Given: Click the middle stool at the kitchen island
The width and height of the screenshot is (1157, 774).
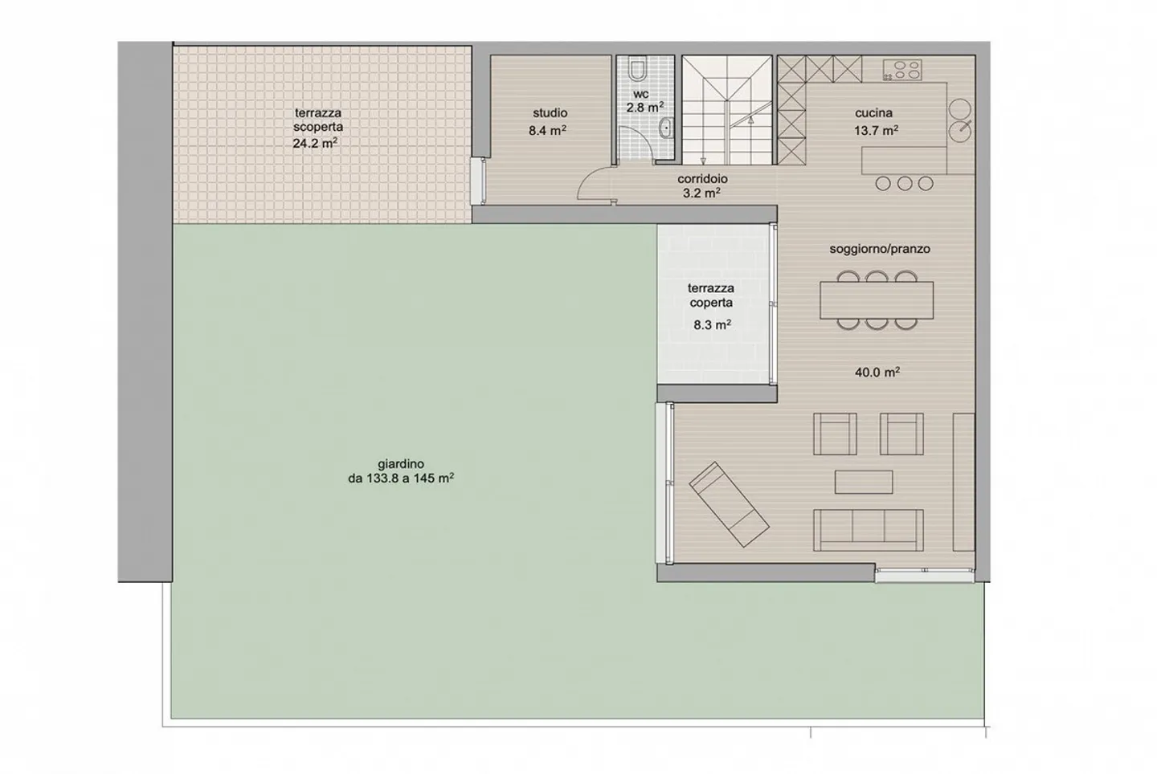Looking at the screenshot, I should click(905, 184).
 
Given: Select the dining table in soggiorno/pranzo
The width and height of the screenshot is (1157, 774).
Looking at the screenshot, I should click(877, 299).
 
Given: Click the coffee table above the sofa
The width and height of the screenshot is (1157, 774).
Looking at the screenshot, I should click(863, 482).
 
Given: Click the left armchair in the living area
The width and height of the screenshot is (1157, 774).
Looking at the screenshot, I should click(836, 434).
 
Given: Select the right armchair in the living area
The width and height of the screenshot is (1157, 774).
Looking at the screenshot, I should click(901, 434).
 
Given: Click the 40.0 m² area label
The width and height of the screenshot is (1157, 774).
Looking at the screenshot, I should click(877, 373).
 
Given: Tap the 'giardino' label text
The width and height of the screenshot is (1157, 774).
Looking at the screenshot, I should click(400, 464).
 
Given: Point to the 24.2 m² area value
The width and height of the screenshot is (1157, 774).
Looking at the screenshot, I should click(315, 144).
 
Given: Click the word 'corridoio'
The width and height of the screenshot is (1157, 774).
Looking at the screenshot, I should click(702, 179).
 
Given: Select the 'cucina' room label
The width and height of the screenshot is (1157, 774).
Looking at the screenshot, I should click(873, 113).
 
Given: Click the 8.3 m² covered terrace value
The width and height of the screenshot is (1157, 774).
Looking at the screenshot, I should click(712, 325).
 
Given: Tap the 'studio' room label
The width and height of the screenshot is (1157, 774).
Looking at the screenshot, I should click(550, 113).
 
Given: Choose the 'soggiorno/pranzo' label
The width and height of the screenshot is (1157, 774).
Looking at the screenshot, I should click(880, 249).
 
